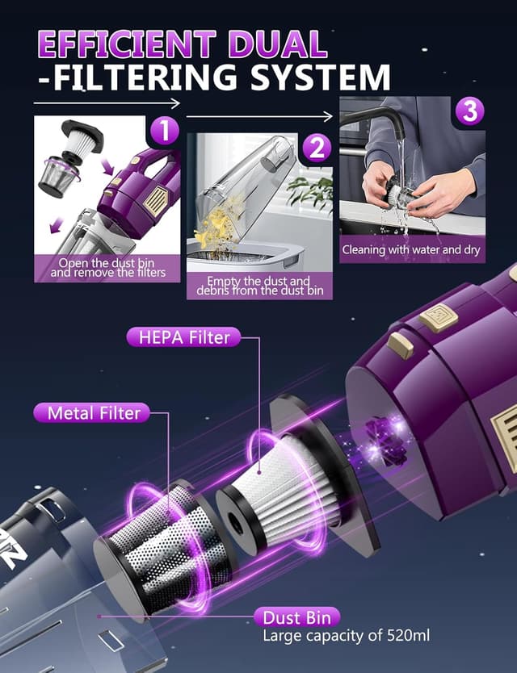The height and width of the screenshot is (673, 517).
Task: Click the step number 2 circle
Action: tap(317, 148)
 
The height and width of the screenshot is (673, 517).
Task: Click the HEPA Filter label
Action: tap(183, 336)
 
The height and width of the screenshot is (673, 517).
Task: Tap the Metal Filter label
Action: tap(93, 412)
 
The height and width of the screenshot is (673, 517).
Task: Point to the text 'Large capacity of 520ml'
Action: tap(347, 636)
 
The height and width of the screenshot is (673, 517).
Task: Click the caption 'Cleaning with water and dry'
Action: tap(411, 249)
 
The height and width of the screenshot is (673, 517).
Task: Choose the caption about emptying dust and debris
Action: tap(258, 286)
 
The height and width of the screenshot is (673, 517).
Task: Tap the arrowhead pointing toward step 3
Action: tap(329, 115)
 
